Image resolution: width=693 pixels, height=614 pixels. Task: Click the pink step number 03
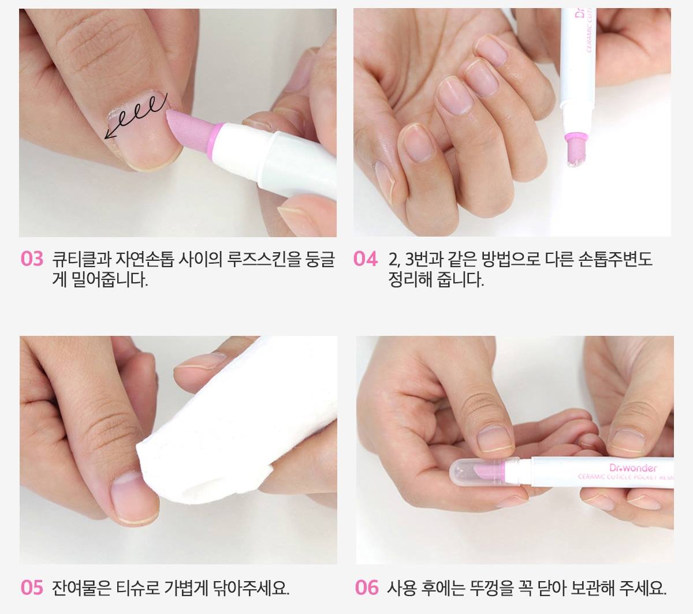pos(32,259)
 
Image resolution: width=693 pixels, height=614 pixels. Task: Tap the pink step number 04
pos(366,259)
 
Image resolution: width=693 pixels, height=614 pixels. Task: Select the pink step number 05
pos(32,587)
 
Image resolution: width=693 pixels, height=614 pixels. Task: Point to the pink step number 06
pos(367,587)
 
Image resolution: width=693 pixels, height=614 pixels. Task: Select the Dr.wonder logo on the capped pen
pos(632,467)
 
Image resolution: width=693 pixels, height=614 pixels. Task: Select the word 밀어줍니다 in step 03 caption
pos(110,280)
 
